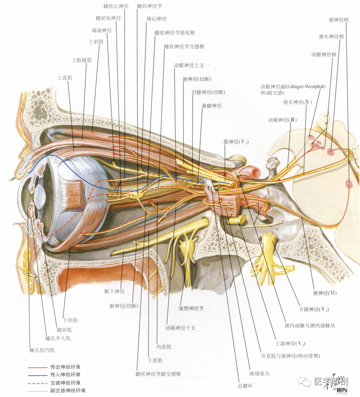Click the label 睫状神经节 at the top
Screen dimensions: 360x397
(x=149, y=6)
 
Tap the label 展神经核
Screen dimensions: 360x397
(x=338, y=20)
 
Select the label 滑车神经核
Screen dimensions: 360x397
(x=331, y=37)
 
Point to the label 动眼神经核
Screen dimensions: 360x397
(x=324, y=55)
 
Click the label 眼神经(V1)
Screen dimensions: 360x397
(x=236, y=142)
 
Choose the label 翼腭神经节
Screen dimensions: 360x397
(x=191, y=308)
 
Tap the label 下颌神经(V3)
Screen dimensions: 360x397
(x=314, y=309)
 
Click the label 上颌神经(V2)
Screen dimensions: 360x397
(x=290, y=344)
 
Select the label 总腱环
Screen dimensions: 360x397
(x=245, y=386)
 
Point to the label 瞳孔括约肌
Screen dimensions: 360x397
(x=42, y=350)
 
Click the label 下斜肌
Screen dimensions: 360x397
(x=70, y=320)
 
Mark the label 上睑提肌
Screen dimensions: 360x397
(x=81, y=60)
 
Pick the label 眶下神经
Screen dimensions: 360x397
(x=114, y=291)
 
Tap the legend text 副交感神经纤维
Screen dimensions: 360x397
(x=68, y=391)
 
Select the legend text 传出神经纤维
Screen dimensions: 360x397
(x=65, y=367)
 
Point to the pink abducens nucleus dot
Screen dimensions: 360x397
(x=349, y=184)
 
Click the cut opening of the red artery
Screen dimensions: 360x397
(x=255, y=173)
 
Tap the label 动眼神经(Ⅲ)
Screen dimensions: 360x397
(x=282, y=120)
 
